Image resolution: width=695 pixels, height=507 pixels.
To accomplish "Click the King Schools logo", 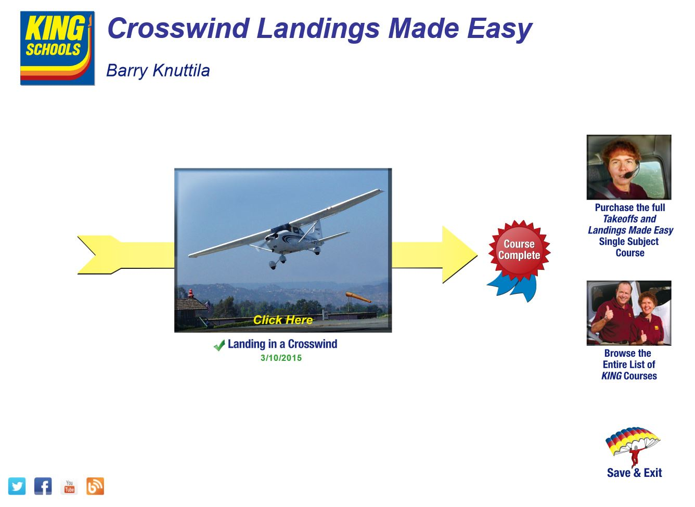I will click(x=57, y=48).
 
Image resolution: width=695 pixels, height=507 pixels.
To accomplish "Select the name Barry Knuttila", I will click(x=158, y=70).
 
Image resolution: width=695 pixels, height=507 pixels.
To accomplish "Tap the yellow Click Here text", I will click(x=282, y=320).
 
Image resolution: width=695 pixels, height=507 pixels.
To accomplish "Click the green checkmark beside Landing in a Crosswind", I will click(x=219, y=345).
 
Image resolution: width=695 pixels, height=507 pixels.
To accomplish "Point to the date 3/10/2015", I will click(x=281, y=358).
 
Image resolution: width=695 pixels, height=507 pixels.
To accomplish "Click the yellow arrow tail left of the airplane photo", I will click(x=125, y=255).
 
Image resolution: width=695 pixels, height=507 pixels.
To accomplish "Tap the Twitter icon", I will click(x=17, y=486).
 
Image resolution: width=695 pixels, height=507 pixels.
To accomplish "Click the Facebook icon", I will click(x=43, y=486).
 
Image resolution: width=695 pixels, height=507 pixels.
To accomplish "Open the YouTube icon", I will click(x=69, y=486).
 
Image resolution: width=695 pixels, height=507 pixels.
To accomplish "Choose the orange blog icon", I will click(x=95, y=486).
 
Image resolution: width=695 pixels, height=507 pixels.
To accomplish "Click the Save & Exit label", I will click(x=634, y=473).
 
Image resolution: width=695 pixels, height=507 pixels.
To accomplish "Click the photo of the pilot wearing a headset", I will click(x=628, y=167).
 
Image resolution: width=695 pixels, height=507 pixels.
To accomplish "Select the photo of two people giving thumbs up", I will click(x=628, y=313).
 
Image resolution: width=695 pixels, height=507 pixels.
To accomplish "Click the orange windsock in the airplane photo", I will click(x=357, y=297).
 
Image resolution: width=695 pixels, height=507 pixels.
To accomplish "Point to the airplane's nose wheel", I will click(x=273, y=266).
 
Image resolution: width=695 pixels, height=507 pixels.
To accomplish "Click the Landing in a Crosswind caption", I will click(x=282, y=344).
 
